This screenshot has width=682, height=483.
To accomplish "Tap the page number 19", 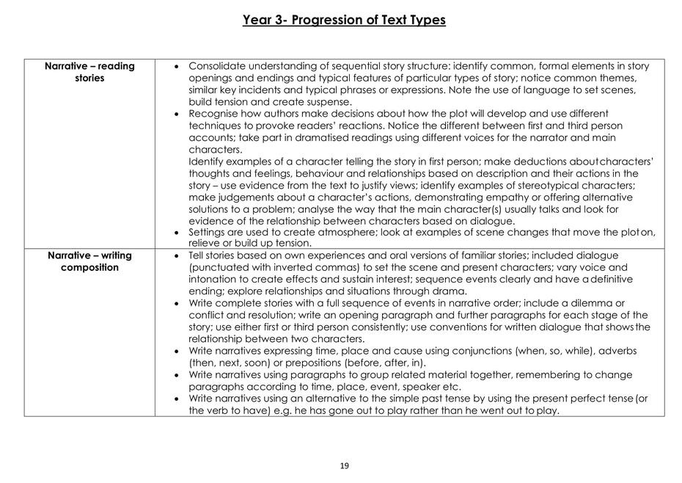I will coord(345,465).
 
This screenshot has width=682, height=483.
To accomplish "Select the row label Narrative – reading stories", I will coord(89,72).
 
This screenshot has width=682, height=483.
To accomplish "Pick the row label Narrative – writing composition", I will coord(89,261).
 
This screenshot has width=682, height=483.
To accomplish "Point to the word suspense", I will coord(326,102).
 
